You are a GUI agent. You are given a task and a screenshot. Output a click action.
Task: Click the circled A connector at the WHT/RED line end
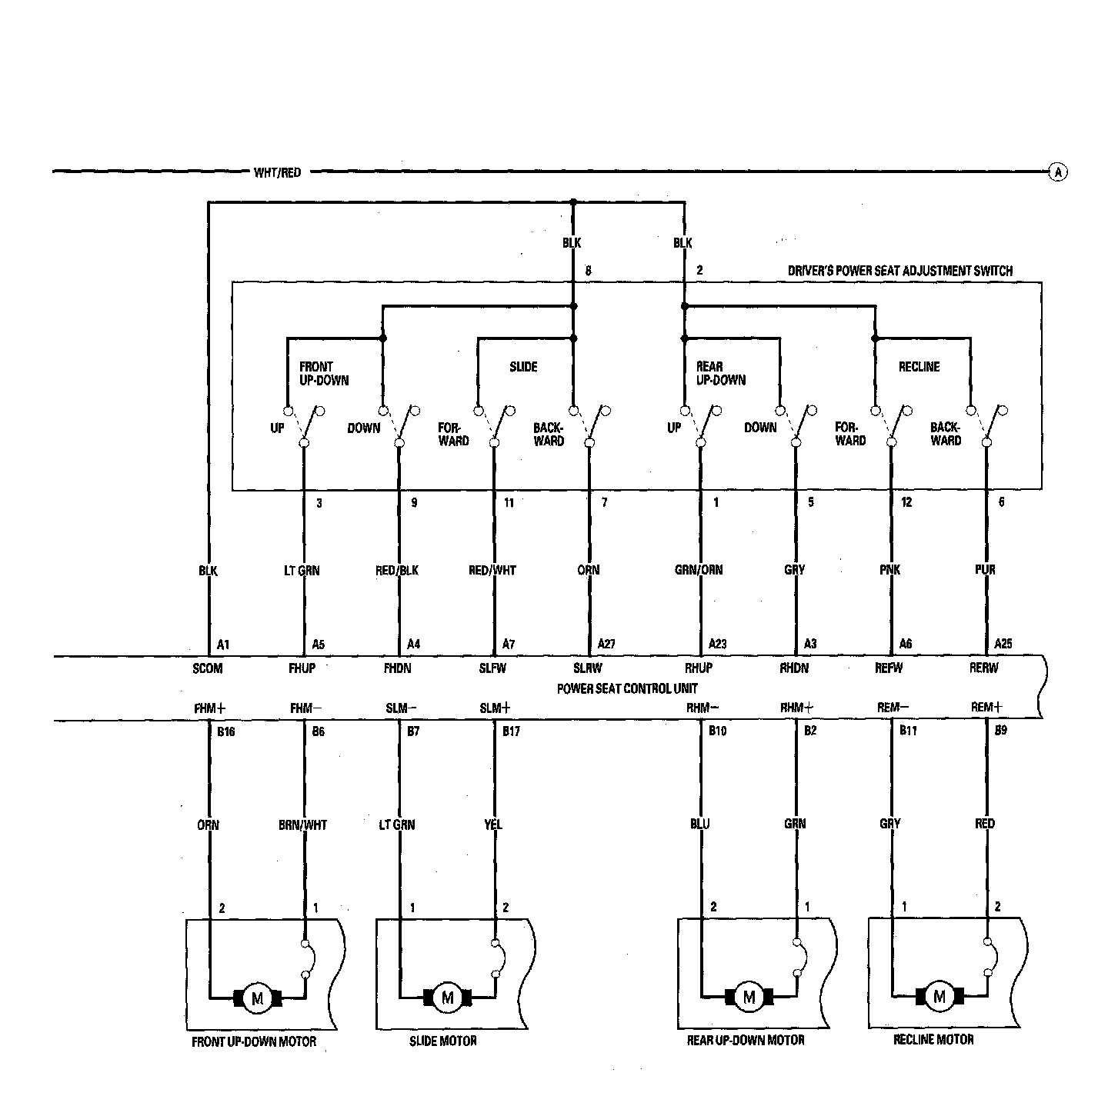1058,172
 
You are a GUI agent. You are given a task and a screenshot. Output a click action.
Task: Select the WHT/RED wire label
277,172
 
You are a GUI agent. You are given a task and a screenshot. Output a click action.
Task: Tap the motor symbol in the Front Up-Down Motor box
258,998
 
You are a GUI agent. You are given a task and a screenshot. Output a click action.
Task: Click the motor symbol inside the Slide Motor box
448,998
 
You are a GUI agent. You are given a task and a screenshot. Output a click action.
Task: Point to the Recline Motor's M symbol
939,998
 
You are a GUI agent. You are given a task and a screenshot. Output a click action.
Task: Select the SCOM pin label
208,668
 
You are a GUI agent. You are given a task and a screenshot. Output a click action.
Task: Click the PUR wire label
985,570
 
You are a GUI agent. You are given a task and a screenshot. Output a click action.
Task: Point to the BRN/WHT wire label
303,825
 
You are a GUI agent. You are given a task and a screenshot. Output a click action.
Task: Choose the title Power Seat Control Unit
627,688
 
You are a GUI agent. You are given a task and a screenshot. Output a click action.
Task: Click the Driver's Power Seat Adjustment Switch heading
899,271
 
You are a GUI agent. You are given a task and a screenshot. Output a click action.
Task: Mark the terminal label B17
511,731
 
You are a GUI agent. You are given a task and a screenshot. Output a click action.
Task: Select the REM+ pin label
986,707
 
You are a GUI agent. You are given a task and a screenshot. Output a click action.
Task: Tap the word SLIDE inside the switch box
523,367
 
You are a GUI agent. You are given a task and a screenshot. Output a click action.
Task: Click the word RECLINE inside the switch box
919,367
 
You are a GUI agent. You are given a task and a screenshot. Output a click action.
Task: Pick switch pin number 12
906,503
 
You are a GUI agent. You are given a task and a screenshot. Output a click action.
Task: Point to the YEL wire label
493,825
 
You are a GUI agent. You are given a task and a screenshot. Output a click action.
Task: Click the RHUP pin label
699,668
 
